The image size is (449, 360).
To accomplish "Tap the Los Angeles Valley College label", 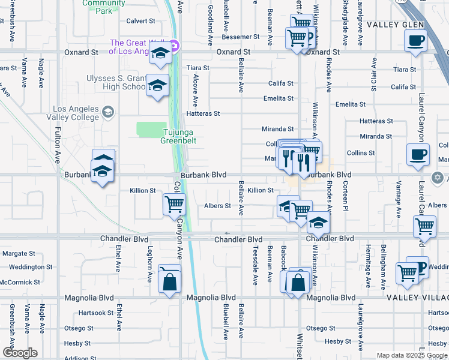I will (x=76, y=113).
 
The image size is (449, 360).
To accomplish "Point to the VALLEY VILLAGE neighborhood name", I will (x=417, y=298).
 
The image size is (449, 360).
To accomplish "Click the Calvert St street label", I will (x=141, y=21).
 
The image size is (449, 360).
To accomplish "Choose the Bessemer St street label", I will (x=240, y=37).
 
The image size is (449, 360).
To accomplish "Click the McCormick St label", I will (x=20, y=282).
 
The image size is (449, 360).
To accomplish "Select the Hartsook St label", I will (x=97, y=313).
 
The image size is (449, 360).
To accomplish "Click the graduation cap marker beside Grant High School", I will (x=157, y=87).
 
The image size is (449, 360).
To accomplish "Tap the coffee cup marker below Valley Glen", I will (x=417, y=42).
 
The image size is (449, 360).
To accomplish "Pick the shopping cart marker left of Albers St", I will (x=174, y=204).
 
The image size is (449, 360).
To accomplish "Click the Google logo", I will (x=20, y=353).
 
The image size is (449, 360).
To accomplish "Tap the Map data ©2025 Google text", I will (x=411, y=355).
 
